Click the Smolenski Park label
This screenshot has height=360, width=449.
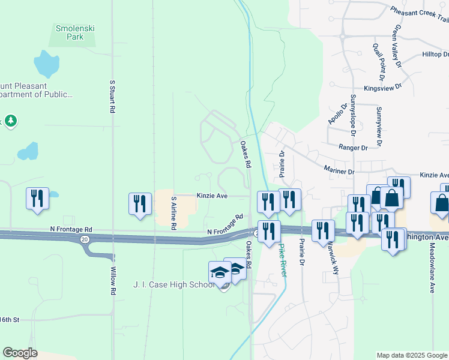point(75,32)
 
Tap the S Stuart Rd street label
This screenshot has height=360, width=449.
point(112,97)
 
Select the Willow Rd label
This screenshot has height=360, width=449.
point(112,281)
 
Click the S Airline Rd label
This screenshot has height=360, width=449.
point(173,213)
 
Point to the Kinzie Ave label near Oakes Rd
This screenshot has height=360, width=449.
point(212,196)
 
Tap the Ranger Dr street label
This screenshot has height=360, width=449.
point(353,147)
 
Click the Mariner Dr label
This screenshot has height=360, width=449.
point(339,171)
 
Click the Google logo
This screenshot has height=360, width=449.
point(20,353)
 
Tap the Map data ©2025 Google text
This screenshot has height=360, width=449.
point(412,355)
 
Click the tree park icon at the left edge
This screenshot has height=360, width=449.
point(10,121)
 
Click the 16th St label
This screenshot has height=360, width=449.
point(10,320)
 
